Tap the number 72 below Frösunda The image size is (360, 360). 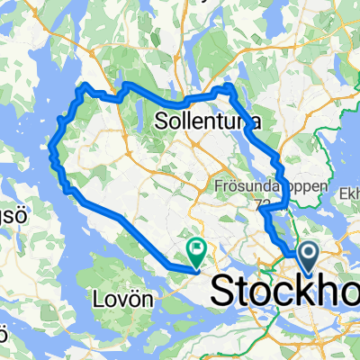262,204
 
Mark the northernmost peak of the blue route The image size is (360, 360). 228,86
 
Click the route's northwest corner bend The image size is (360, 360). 84,87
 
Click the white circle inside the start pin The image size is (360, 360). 308,254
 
